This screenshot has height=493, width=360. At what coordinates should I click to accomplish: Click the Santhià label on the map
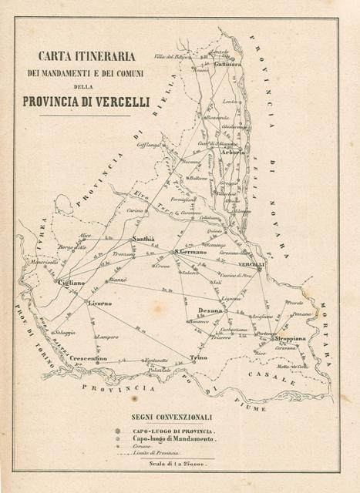pos(144,240)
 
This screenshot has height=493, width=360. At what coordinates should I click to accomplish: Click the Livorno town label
pos(100,304)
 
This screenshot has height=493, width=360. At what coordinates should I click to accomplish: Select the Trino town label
pos(198,357)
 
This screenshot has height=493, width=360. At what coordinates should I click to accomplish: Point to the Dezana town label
pos(210,310)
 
